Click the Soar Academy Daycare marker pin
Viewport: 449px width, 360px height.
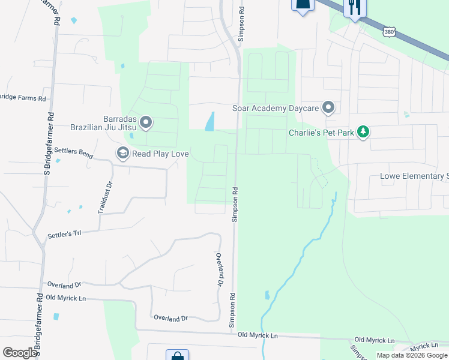328,108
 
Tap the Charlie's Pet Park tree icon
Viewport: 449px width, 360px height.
363,131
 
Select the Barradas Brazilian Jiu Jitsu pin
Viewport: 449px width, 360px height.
146,124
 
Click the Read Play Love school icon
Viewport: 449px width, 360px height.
123,154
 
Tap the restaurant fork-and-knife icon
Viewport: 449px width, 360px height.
353,7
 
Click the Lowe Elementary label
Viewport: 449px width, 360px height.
414,176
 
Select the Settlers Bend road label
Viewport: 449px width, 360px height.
73,152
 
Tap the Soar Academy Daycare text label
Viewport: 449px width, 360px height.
276,109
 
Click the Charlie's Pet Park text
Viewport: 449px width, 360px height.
321,133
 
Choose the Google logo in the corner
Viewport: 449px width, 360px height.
19,352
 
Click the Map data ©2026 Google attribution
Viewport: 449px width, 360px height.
412,355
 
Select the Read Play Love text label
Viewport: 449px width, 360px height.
161,154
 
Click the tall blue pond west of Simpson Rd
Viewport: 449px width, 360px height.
209,122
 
